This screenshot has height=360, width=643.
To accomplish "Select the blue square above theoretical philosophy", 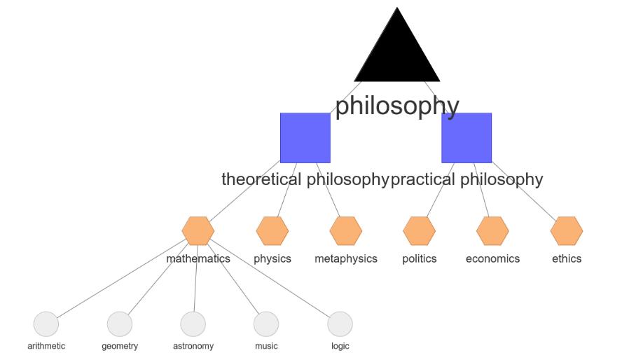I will [305, 137].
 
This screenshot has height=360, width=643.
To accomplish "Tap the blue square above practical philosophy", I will [466, 137].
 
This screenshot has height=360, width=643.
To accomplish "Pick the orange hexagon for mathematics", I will [198, 230].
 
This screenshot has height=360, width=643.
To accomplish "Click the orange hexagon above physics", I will [272, 230].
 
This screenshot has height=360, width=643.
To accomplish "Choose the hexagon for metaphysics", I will [346, 230].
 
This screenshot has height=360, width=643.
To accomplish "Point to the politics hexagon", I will [420, 230].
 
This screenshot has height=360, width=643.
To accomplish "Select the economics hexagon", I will [492, 230].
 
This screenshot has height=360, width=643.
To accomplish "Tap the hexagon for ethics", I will [567, 230].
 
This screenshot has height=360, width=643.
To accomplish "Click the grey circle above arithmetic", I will [46, 324].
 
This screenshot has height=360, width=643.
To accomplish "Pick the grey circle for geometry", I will [120, 324].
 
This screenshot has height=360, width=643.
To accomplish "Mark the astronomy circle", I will [193, 324].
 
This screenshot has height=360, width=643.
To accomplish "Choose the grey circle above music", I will [266, 324].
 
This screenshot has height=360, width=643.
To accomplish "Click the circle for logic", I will [340, 324].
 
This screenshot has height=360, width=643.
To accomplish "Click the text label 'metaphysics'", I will [346, 258].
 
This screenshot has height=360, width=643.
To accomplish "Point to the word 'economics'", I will [492, 258].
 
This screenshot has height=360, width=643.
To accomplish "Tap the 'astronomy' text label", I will [193, 346].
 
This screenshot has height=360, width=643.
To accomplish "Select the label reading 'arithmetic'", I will [46, 346].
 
